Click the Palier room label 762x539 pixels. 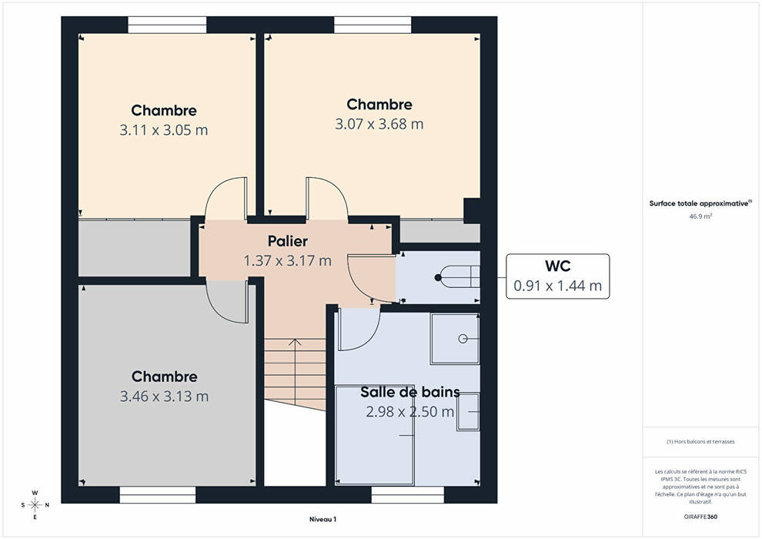pyautogui.click(x=288, y=241)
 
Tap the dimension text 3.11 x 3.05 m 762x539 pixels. pyautogui.click(x=164, y=130)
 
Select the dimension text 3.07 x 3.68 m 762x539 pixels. pyautogui.click(x=379, y=124)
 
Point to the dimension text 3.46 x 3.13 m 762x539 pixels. pyautogui.click(x=164, y=397)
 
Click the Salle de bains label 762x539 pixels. pyautogui.click(x=410, y=392)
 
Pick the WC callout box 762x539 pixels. pyautogui.click(x=557, y=276)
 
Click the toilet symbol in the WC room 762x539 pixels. pyautogui.click(x=456, y=277)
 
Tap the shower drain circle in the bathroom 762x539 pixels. pyautogui.click(x=463, y=339)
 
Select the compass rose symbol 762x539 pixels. pyautogui.click(x=35, y=505)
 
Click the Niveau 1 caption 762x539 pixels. pyautogui.click(x=323, y=519)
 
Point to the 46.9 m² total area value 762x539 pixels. pyautogui.click(x=700, y=216)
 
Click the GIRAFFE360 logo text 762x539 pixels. pyautogui.click(x=700, y=517)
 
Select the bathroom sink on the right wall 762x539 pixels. pyautogui.click(x=468, y=412)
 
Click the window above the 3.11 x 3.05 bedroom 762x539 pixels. pyautogui.click(x=167, y=25)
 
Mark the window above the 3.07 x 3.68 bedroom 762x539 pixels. pyautogui.click(x=373, y=25)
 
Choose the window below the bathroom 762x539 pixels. pyautogui.click(x=408, y=495)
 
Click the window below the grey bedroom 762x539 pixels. pyautogui.click(x=158, y=495)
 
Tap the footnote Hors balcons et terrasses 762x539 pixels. pyautogui.click(x=700, y=442)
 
